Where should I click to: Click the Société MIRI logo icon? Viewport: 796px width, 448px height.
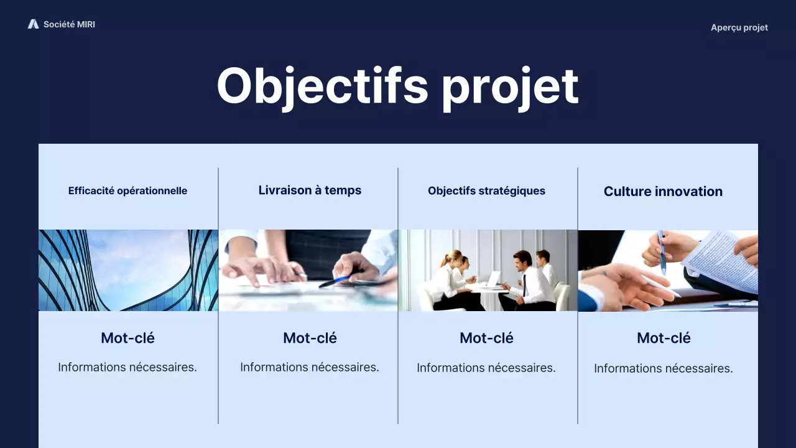33,24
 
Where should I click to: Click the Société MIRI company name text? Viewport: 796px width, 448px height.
69,24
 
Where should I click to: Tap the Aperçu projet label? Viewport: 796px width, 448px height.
739,27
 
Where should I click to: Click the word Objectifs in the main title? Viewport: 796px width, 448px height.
322,86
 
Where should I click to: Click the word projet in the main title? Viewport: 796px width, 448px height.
510,86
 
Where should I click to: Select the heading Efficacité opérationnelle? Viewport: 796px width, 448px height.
127,191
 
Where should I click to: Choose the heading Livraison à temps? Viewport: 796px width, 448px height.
310,190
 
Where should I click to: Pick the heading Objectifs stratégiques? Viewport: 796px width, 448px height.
486,191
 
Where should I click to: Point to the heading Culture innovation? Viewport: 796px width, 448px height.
663,192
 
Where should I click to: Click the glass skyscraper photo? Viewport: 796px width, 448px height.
128,270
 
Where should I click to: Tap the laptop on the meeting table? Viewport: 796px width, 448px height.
493,280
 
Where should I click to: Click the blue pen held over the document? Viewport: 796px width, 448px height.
662,252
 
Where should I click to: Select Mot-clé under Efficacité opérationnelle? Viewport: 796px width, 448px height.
127,338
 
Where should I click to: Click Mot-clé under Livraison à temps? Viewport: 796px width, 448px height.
310,338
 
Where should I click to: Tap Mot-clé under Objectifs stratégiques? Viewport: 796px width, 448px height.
486,338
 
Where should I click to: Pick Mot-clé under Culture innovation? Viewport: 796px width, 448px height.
664,338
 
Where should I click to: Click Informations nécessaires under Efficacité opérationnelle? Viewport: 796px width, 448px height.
127,367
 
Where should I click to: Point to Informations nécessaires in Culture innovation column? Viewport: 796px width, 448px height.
663,368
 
